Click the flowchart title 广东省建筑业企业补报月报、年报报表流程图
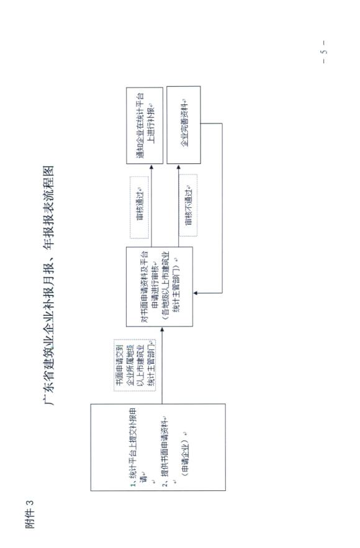coord(48,285)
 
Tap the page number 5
coord(324,52)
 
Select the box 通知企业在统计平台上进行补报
coord(145,125)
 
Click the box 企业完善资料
coord(184,125)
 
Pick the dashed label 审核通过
coord(140,207)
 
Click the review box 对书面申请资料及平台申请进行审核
coord(160,287)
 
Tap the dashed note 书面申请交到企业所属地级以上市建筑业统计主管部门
coord(135,365)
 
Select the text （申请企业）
coord(185,454)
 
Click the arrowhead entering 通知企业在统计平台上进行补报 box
coord(151,167)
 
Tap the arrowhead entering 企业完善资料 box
coord(179,167)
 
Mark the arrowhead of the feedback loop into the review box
coord(196,293)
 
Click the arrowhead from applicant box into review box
coord(162,330)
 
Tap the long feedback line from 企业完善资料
coord(222,208)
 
